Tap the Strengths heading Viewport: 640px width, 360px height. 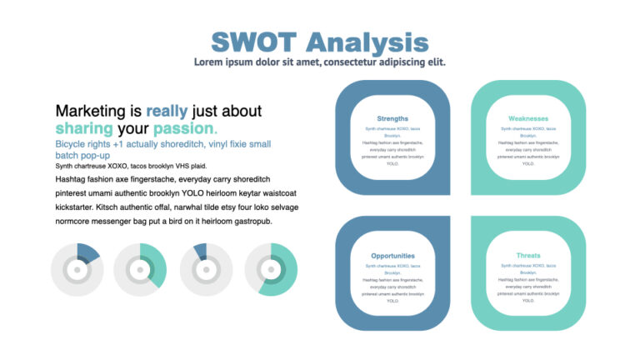(392, 118)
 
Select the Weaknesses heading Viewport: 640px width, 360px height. (528, 118)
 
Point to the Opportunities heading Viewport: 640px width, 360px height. (392, 256)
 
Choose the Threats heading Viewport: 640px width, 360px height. (528, 256)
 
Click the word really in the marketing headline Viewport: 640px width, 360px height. (167, 111)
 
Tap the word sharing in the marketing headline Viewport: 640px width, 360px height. (84, 128)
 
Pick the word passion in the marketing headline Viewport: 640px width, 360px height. (183, 128)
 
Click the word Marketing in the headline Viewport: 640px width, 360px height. (90, 111)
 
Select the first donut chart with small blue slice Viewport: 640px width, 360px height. (77, 270)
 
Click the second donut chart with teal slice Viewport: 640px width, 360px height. (140, 270)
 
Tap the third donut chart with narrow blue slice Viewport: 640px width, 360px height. (205, 270)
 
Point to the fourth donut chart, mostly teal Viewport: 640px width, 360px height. (271, 270)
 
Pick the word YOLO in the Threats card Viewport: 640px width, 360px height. (528, 301)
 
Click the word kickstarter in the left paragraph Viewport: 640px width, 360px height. (76, 207)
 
